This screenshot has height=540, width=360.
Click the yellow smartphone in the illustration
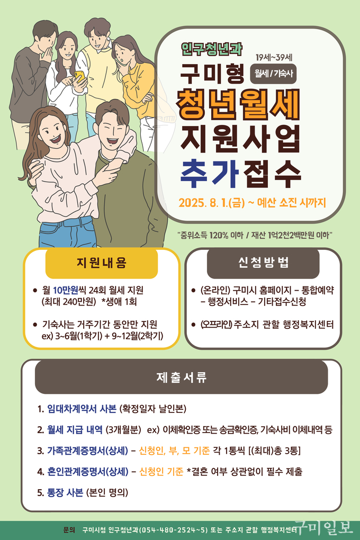pos(79,77)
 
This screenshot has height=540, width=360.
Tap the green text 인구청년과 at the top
pos(212,49)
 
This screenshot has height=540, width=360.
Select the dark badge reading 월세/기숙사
pos(273,74)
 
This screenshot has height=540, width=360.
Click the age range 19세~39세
pos(274,57)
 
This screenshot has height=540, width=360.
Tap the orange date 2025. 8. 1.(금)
pos(212,202)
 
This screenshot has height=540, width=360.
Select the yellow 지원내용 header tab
pos(101,263)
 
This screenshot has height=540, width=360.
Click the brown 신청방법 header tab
pos(263,263)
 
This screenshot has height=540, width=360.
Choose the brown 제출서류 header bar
pos(181,377)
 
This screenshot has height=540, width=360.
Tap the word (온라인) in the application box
pos(215,290)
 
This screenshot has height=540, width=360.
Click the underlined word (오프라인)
pos(217,325)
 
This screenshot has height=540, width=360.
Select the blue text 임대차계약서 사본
pos(82,409)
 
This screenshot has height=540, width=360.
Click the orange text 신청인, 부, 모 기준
pos(174,451)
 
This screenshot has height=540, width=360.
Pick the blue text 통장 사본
pos(65,492)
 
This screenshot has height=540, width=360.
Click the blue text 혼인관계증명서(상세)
pos(88,472)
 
